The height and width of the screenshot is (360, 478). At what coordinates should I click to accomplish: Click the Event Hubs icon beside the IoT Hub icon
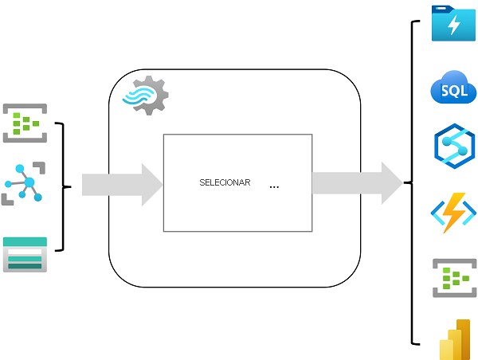tap(24, 123)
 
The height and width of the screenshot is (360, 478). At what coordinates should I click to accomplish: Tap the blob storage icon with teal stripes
tap(25, 255)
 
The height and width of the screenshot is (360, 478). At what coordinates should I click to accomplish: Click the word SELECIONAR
tap(225, 182)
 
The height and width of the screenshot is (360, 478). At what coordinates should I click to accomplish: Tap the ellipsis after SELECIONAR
tap(274, 186)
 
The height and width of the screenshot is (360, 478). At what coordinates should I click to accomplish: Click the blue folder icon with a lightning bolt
tap(453, 24)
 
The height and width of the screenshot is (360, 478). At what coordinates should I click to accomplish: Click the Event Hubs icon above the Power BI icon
tap(453, 277)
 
